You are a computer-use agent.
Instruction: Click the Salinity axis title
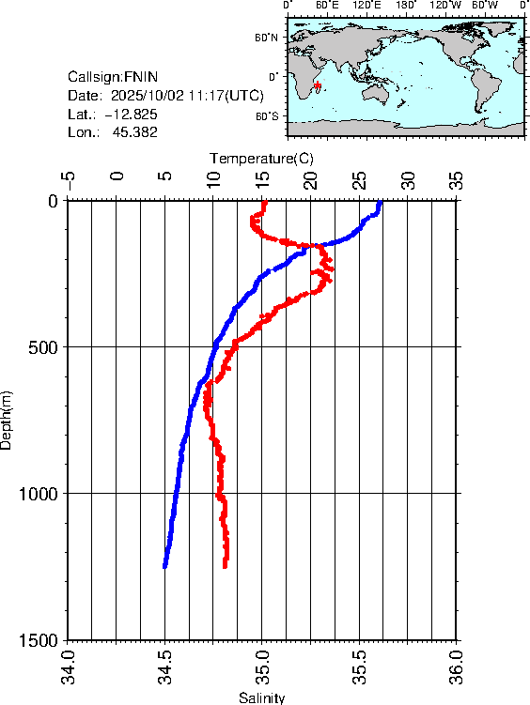point(261,697)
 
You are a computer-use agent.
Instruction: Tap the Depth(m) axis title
point(8,420)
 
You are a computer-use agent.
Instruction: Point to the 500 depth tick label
point(41,347)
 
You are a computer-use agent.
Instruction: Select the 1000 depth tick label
point(37,494)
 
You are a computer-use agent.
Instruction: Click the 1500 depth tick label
point(37,640)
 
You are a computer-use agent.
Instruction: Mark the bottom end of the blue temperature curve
point(165,566)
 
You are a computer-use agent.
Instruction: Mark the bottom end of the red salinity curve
point(226,566)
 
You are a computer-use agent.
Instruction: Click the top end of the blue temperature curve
point(380,202)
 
